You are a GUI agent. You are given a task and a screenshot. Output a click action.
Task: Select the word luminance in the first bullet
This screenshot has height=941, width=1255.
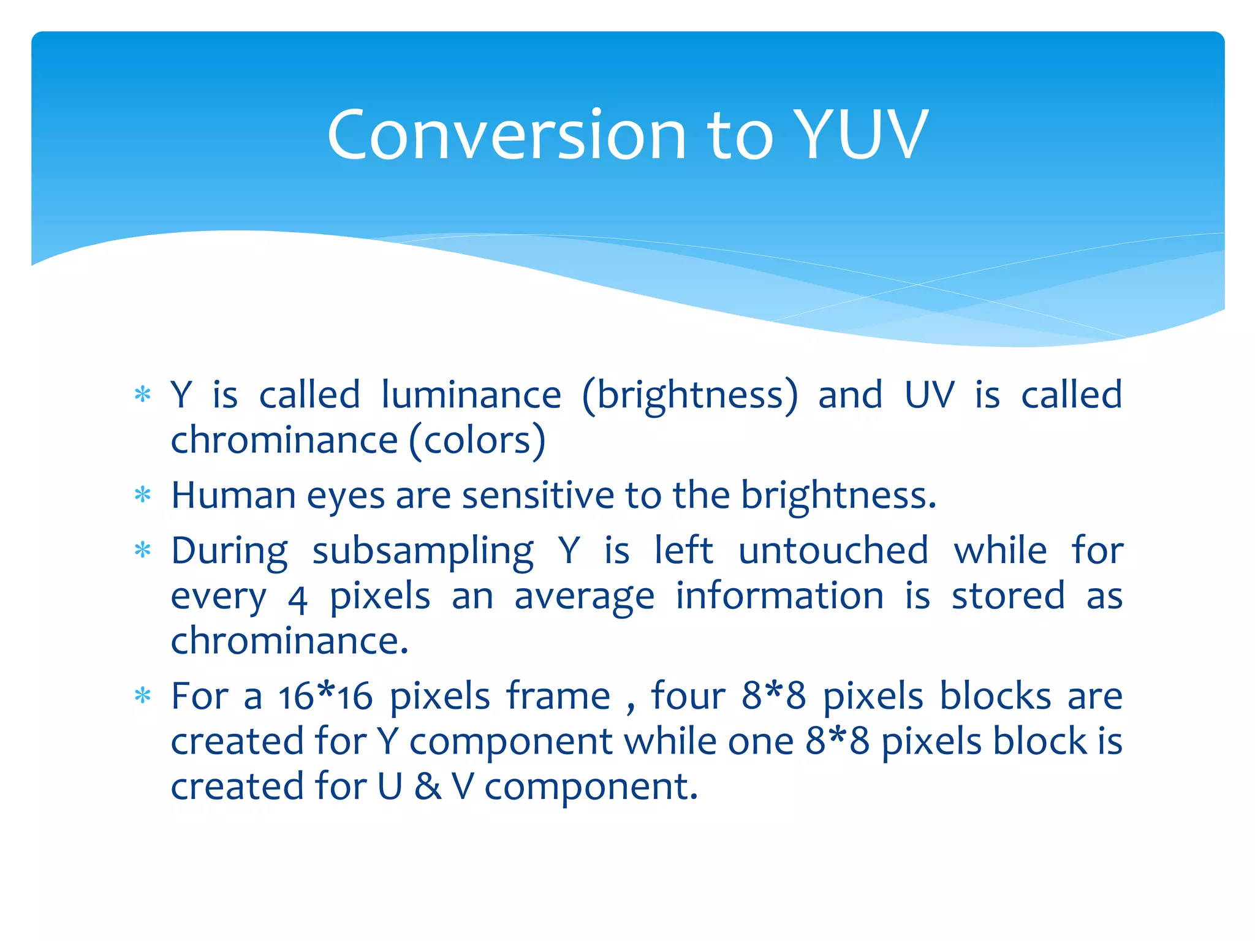(471, 395)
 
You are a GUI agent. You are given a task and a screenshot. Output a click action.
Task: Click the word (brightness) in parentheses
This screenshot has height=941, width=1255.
(690, 396)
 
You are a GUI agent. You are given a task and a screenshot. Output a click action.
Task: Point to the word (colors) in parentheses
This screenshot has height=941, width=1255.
(477, 441)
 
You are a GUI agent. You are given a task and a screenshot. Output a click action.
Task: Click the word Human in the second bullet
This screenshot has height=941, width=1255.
(233, 495)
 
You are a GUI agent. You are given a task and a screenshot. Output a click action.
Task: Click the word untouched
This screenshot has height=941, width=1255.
(833, 550)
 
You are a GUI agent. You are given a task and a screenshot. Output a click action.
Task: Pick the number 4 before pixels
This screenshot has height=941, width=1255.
(297, 598)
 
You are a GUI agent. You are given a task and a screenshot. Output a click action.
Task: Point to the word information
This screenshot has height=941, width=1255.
(779, 595)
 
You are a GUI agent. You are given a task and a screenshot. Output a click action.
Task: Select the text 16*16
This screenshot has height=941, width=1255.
(325, 697)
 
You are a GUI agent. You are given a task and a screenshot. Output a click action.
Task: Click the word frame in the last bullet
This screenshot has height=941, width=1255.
(558, 697)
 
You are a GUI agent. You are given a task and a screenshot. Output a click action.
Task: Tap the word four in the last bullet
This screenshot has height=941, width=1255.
(688, 697)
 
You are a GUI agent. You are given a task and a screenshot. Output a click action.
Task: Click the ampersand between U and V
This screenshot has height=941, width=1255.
(427, 787)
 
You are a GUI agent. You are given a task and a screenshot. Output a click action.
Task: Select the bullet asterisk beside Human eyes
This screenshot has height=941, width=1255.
(142, 494)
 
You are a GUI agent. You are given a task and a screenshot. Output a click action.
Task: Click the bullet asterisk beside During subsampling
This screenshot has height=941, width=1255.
(142, 550)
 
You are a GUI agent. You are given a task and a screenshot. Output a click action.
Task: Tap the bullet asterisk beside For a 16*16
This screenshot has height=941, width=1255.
(142, 696)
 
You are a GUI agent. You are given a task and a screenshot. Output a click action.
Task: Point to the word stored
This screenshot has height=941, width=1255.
(1008, 595)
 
